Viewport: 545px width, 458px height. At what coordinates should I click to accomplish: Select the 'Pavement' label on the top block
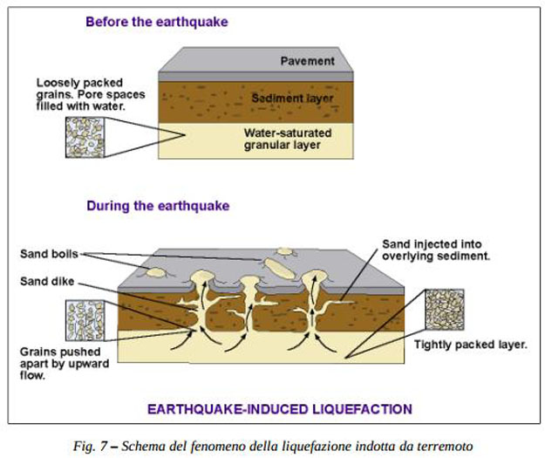(x=308, y=61)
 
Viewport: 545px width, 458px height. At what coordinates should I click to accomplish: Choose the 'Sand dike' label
(x=45, y=281)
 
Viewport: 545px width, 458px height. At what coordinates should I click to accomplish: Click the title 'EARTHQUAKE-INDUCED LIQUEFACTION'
(x=279, y=408)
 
